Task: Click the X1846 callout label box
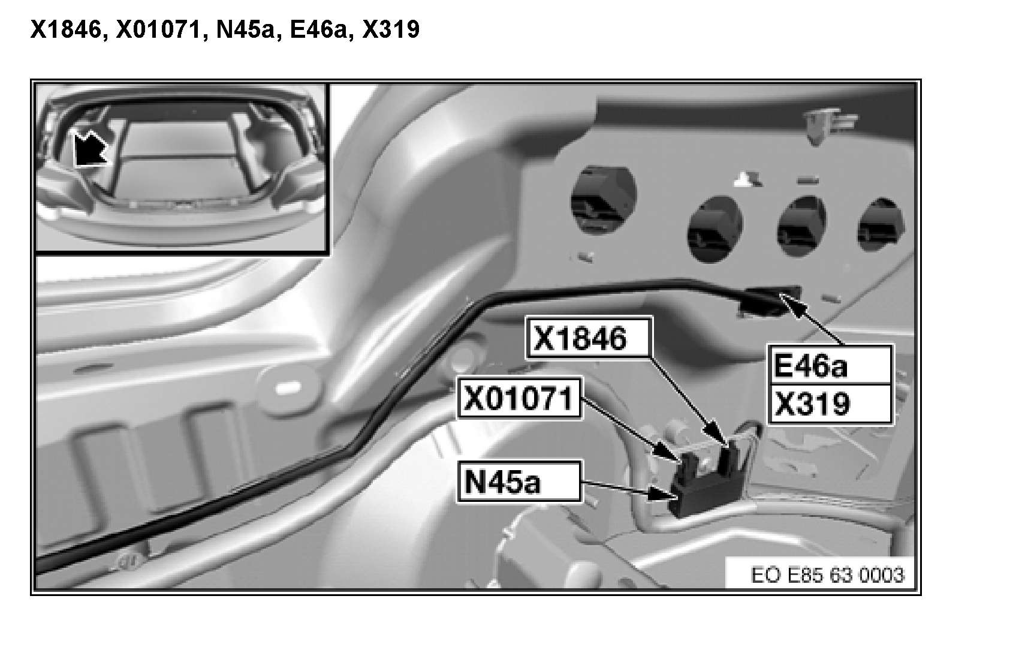coord(588,339)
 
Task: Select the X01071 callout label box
coord(519,398)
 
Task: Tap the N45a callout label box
coord(519,481)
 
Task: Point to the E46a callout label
coord(830,365)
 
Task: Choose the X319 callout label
coord(830,404)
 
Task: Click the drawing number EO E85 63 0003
coord(827,575)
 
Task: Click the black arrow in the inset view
coord(89,148)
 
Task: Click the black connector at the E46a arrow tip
coord(770,300)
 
